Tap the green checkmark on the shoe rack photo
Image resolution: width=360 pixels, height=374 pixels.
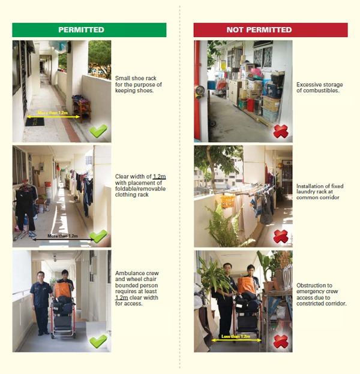pyautogui.click(x=99, y=131)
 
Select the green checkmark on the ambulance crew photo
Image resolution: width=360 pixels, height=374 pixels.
pyautogui.click(x=98, y=341)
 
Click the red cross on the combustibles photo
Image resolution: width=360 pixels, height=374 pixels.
pyautogui.click(x=281, y=131)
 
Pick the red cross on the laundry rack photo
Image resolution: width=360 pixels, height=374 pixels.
pyautogui.click(x=281, y=236)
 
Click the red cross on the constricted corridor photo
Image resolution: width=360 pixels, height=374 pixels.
pyautogui.click(x=281, y=341)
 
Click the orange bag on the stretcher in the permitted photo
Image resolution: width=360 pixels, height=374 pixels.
pyautogui.click(x=62, y=290)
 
